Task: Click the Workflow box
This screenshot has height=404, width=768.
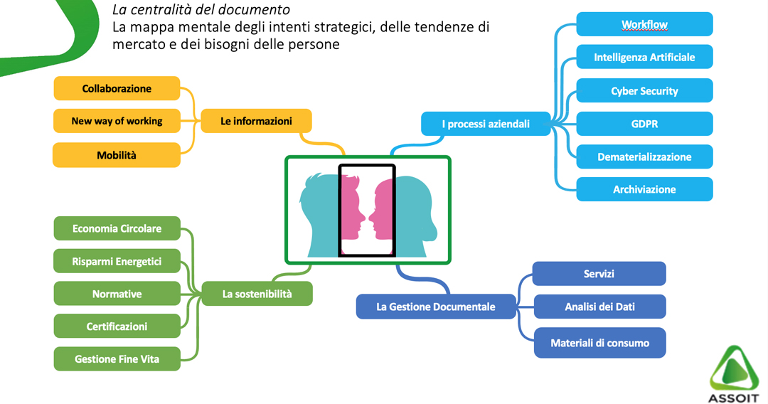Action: (644, 24)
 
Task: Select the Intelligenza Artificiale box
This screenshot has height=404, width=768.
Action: (644, 58)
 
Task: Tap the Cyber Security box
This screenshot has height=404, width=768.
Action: (644, 90)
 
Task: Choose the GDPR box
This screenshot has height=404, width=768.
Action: (644, 124)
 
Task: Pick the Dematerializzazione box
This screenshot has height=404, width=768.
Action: (644, 156)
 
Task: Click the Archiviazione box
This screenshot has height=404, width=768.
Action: (644, 189)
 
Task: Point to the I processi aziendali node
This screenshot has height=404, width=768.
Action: (486, 124)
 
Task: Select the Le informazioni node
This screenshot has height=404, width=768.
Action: (256, 121)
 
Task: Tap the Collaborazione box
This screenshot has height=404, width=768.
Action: (117, 89)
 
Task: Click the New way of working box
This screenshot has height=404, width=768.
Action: (117, 121)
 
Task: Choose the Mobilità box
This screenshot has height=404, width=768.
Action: (117, 155)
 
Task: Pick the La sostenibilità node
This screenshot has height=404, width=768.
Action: (257, 294)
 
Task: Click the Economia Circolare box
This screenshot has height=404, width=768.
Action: (117, 229)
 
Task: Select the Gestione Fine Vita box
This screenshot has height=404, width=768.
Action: (117, 359)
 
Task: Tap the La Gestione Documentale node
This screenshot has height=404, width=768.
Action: (436, 307)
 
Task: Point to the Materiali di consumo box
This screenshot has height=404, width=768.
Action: (599, 343)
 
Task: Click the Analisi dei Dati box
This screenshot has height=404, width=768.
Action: (599, 307)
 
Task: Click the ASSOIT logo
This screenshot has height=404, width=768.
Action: (733, 374)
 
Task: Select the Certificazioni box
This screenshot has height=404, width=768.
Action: (117, 326)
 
